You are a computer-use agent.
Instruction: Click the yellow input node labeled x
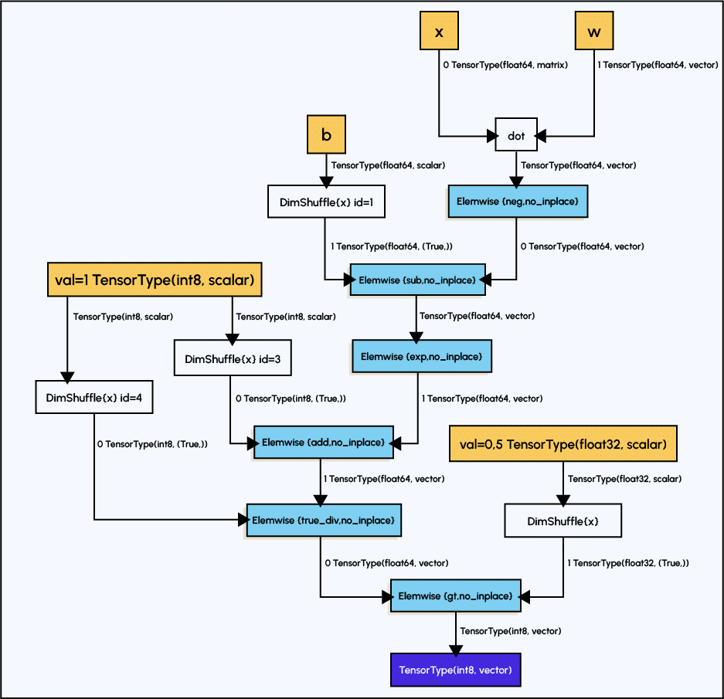pyautogui.click(x=439, y=32)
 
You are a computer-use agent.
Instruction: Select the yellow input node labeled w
pyautogui.click(x=593, y=32)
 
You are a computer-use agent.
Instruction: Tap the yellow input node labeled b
pyautogui.click(x=326, y=135)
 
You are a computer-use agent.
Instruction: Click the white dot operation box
pyautogui.click(x=516, y=136)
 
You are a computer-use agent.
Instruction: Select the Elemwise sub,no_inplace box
pyautogui.click(x=418, y=280)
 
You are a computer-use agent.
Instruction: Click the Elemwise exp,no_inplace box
pyautogui.click(x=421, y=356)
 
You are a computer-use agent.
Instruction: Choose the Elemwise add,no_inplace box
pyautogui.click(x=324, y=442)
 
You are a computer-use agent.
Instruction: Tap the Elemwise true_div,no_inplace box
pyautogui.click(x=324, y=521)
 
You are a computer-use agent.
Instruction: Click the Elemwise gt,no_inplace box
pyautogui.click(x=455, y=596)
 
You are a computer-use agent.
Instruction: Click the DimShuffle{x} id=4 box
pyautogui.click(x=94, y=397)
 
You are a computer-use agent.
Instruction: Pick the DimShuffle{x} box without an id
pyautogui.click(x=563, y=521)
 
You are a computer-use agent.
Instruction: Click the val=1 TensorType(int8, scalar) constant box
pyautogui.click(x=155, y=280)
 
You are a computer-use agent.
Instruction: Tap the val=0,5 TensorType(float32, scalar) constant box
pyautogui.click(x=563, y=444)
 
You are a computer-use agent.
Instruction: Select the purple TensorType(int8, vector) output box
pyautogui.click(x=455, y=670)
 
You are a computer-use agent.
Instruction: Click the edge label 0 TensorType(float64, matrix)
pyautogui.click(x=505, y=66)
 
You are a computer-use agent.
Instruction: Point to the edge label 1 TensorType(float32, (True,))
pyautogui.click(x=628, y=563)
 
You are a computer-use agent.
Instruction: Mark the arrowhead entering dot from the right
pyautogui.click(x=542, y=136)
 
